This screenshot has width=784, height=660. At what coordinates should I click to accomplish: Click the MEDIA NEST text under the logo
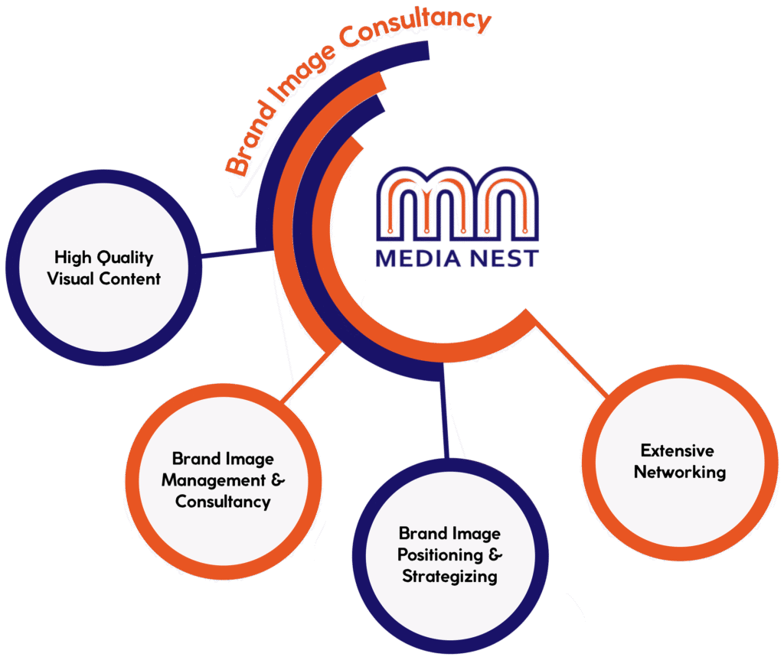tap(457, 258)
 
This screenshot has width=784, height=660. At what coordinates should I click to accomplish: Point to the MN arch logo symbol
tap(457, 205)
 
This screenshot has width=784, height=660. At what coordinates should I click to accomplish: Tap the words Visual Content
tap(104, 278)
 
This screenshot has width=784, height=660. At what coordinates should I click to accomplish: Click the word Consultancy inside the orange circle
tap(223, 502)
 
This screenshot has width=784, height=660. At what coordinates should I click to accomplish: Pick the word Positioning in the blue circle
tap(440, 554)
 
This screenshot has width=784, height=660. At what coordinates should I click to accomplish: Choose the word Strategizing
tap(449, 576)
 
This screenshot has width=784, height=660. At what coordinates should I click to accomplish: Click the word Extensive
tap(678, 450)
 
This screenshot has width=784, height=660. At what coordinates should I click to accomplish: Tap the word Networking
tap(679, 472)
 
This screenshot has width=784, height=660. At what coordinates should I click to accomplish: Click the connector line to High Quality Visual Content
tap(230, 252)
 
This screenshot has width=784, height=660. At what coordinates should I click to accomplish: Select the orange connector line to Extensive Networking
tap(570, 358)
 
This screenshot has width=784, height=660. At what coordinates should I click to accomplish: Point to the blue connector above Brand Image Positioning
tap(444, 417)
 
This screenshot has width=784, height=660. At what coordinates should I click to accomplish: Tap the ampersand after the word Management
tap(278, 481)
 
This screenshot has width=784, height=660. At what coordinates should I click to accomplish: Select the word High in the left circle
tap(73, 258)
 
